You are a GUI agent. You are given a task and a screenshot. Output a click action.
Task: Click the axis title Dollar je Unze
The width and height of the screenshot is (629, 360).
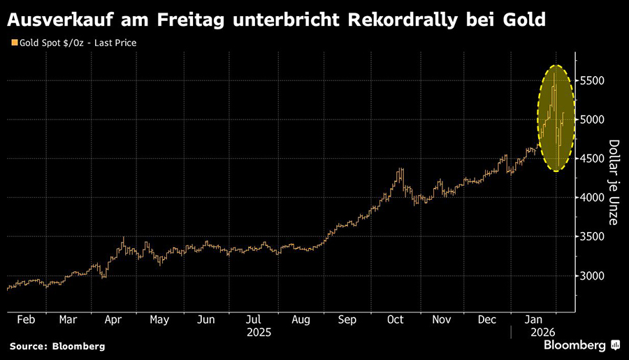point(613,182)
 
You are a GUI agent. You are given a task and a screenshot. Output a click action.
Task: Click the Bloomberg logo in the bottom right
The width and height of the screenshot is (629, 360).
point(577,345)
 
